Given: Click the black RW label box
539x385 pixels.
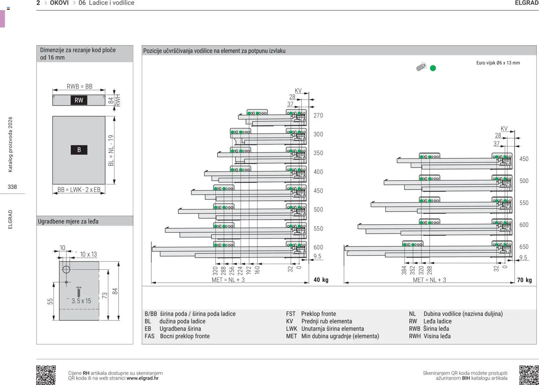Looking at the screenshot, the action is pyautogui.click(x=79, y=100).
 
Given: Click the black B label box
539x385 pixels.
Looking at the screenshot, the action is pyautogui.click(x=79, y=150).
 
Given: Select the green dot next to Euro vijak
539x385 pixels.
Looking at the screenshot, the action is pyautogui.click(x=433, y=68).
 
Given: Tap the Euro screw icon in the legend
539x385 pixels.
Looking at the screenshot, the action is pyautogui.click(x=421, y=67).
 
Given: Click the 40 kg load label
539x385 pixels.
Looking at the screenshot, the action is pyautogui.click(x=321, y=280).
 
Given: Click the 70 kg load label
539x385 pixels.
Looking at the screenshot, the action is pyautogui.click(x=524, y=280).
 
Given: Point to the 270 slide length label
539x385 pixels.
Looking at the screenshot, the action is pyautogui.click(x=318, y=115).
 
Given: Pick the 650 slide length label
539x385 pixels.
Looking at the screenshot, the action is pyautogui.click(x=524, y=247).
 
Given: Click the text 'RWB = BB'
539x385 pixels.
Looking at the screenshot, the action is pyautogui.click(x=79, y=86).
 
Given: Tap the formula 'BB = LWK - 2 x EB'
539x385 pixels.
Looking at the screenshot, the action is pyautogui.click(x=79, y=190).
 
